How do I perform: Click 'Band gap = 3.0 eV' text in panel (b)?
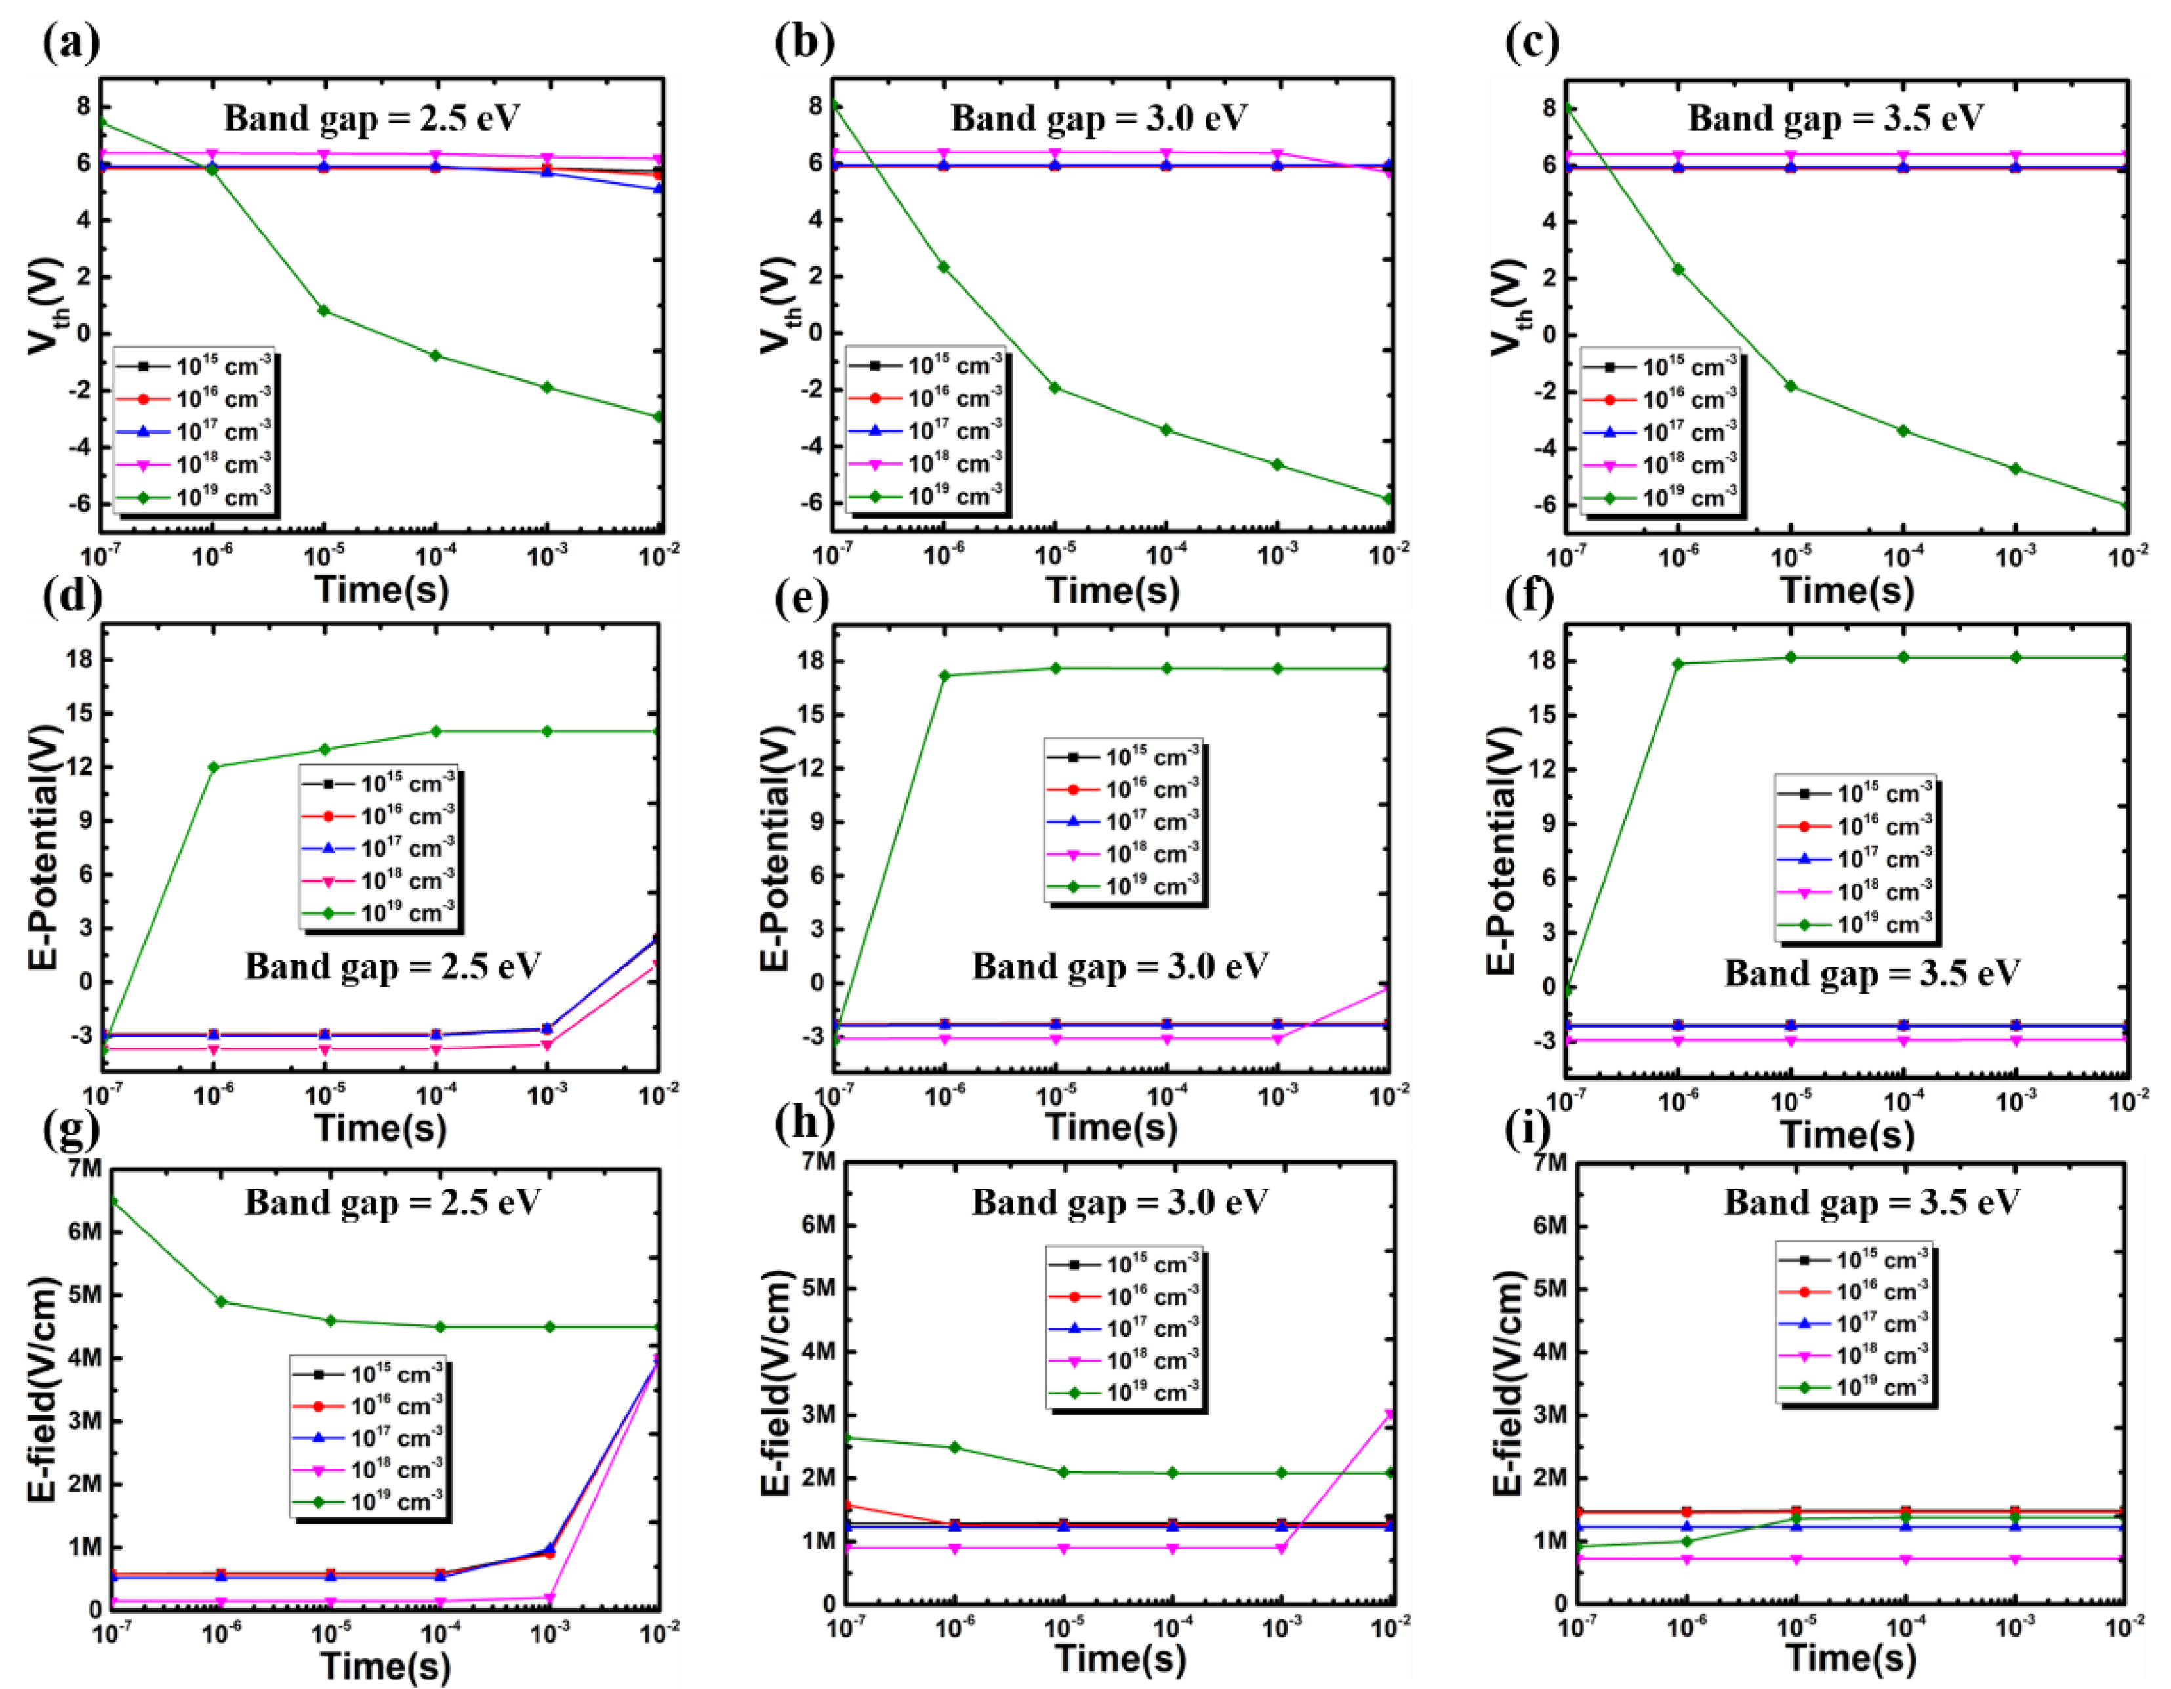1099,118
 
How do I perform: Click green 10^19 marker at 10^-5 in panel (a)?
324,311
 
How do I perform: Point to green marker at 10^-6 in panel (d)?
213,767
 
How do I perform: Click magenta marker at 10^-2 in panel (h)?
1390,1414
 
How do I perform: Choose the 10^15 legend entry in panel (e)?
1124,758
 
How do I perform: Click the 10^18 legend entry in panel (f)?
1855,891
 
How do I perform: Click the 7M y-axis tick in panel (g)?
85,1168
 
